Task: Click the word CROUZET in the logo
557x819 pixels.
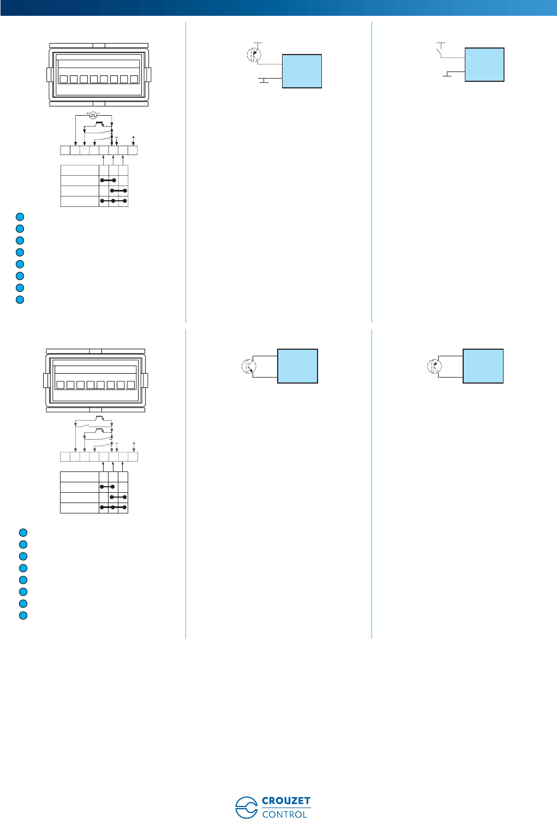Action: point(286,801)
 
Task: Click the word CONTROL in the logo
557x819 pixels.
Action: point(285,814)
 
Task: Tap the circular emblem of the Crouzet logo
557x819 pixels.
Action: point(246,807)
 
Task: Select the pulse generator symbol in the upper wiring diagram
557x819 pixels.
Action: point(93,115)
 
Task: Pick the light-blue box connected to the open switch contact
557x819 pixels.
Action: point(484,65)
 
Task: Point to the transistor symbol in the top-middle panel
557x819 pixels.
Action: point(254,55)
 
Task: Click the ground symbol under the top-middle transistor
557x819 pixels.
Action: point(264,81)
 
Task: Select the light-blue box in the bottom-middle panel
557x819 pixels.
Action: point(298,366)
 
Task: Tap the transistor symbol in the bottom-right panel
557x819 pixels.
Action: point(434,366)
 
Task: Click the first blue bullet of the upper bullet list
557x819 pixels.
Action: point(20,217)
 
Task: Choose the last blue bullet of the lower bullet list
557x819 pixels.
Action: point(23,615)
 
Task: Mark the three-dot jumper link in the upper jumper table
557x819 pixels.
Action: point(113,201)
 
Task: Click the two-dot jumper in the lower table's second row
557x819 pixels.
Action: point(107,487)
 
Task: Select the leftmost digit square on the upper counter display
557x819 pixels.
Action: point(64,79)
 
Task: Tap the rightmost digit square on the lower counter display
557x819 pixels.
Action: point(130,385)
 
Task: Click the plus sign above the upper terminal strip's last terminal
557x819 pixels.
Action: point(133,138)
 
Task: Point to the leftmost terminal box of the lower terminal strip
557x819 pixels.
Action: point(65,457)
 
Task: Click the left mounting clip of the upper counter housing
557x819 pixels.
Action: point(49,75)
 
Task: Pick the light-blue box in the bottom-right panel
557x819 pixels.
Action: point(483,366)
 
